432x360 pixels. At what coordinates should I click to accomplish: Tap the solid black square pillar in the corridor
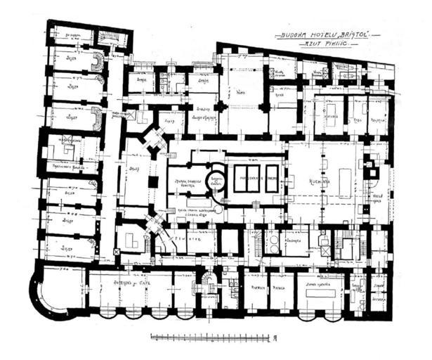click(153, 181)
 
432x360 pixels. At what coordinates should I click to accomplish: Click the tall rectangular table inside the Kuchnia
click(346, 182)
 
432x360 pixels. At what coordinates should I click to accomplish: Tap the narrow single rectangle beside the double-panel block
click(272, 179)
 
